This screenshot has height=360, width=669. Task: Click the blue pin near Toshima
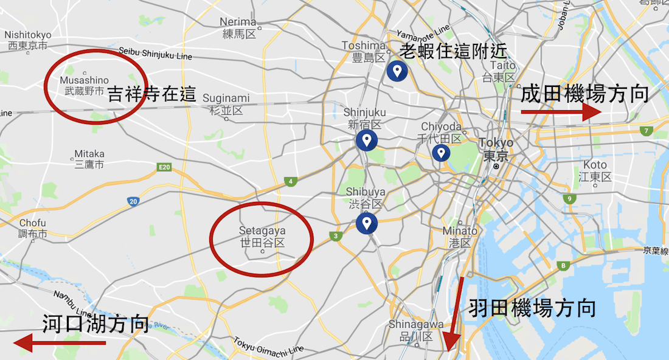[397, 71]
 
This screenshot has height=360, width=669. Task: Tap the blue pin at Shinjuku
[366, 140]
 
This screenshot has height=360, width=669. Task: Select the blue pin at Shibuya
[366, 223]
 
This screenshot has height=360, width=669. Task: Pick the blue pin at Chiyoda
[440, 153]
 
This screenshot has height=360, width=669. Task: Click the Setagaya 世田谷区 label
[262, 237]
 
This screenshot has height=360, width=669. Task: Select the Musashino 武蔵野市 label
[85, 86]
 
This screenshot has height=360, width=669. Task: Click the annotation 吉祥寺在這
[152, 94]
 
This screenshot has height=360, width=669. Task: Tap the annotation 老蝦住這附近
[453, 51]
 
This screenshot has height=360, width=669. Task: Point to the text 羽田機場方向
[532, 308]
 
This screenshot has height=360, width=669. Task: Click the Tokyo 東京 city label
[496, 149]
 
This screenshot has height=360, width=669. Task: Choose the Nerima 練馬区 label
[239, 28]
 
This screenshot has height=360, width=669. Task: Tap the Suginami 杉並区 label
[226, 104]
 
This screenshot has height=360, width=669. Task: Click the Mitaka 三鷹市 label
[89, 159]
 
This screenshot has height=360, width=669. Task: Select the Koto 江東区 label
[595, 171]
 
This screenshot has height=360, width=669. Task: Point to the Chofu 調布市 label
[33, 229]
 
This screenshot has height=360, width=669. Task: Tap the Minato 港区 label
[460, 237]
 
